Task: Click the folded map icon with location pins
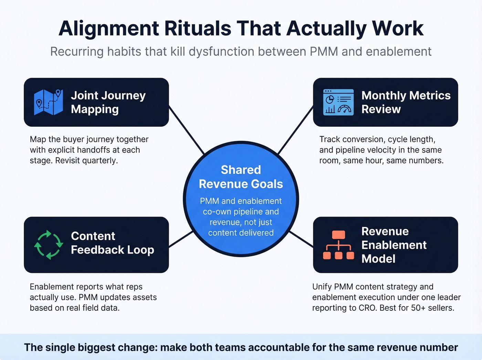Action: pos(48,102)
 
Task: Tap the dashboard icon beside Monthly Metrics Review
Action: pos(338,102)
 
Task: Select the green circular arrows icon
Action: pos(49,245)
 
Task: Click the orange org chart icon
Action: pos(338,245)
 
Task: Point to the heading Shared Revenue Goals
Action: pos(241,177)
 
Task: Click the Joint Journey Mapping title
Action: pos(108,102)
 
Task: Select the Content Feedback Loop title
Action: pos(112,243)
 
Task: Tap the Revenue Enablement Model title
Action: pos(394,245)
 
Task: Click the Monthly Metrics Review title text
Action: pos(406,102)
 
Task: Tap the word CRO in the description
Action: pos(367,308)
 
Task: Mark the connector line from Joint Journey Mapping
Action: pos(187,130)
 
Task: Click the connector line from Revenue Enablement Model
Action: pos(301,239)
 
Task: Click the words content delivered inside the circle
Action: pos(241,233)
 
